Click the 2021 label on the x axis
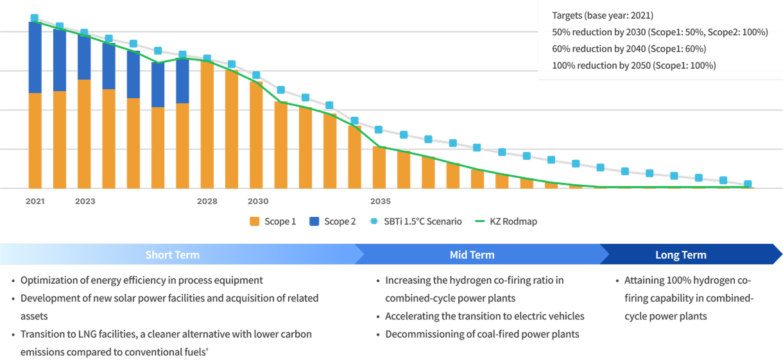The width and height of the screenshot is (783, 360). [35, 201]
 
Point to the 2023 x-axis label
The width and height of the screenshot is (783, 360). [85, 201]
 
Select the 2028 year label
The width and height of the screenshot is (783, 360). [207, 201]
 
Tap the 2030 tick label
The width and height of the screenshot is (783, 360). [257, 201]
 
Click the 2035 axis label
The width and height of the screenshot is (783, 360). [380, 201]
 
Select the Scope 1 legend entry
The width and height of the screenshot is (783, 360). [273, 221]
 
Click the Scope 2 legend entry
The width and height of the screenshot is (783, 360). [332, 221]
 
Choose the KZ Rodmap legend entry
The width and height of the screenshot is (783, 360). [506, 221]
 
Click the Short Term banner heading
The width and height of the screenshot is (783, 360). [172, 255]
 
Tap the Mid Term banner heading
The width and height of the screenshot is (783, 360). [472, 255]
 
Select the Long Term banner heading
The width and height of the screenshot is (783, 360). [680, 255]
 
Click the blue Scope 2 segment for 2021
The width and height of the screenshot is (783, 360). [35, 58]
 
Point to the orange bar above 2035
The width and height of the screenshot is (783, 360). [379, 168]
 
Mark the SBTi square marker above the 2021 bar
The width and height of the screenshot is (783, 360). [35, 19]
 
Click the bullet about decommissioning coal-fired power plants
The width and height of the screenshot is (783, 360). [481, 334]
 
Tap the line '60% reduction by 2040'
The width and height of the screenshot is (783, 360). [629, 49]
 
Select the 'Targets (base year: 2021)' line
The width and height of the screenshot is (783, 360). [602, 15]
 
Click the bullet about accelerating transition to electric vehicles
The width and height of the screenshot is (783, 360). [484, 316]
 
